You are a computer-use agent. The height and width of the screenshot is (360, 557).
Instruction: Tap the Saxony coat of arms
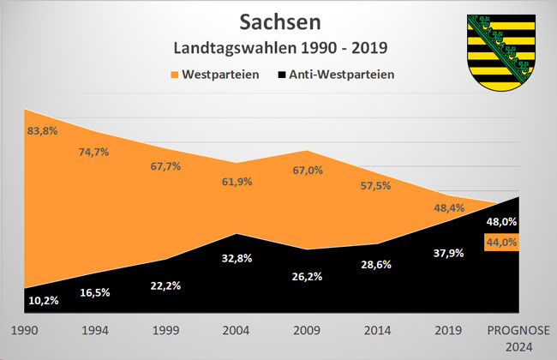(500, 53)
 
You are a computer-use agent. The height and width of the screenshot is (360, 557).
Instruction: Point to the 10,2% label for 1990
(43, 301)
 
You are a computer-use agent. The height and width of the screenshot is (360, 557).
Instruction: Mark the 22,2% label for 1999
(166, 285)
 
